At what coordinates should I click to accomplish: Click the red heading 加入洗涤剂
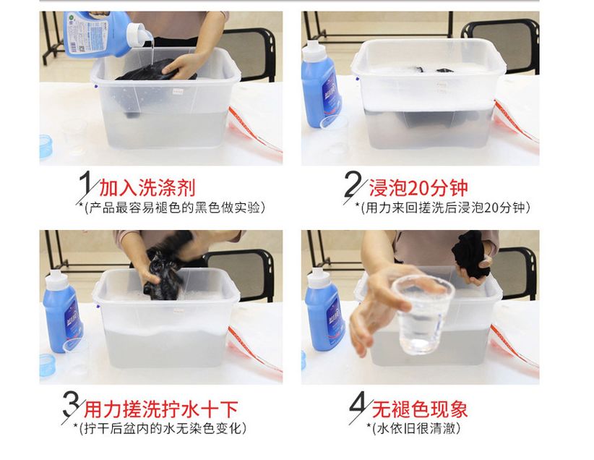click(x=147, y=188)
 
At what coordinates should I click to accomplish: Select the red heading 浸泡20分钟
click(x=418, y=188)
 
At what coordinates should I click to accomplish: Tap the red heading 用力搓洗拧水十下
click(x=161, y=409)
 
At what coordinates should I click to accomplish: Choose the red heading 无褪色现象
click(x=420, y=409)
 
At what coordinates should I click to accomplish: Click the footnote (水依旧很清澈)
click(x=413, y=428)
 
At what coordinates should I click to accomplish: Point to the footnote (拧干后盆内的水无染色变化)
click(x=160, y=428)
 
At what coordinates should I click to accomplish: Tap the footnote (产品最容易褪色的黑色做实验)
click(x=171, y=208)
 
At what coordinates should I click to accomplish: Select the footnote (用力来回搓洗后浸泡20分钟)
click(x=442, y=208)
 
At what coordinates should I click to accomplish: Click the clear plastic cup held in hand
click(x=423, y=315)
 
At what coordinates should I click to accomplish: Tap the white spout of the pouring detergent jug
click(x=139, y=35)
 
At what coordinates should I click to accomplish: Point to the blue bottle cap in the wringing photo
click(x=48, y=365)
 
